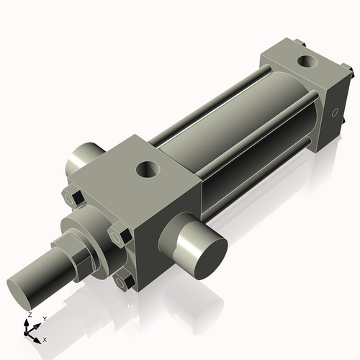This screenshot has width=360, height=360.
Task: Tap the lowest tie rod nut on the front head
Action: pos(124,282)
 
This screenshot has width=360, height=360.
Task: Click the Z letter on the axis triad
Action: pos(29,315)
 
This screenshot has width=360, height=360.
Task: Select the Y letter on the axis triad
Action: pos(44,318)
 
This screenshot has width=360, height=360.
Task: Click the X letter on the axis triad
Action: pos(45,338)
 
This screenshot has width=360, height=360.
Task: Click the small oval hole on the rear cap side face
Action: pos(336,113)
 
